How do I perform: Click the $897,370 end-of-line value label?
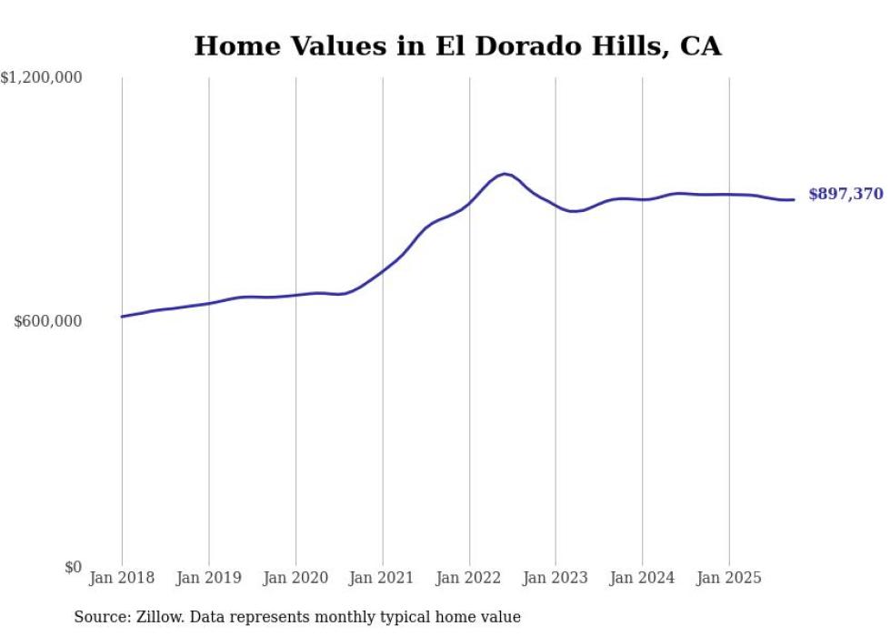click(x=846, y=194)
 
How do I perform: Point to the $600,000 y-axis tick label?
click(x=48, y=321)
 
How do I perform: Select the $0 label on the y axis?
click(x=74, y=567)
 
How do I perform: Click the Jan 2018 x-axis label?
click(x=122, y=578)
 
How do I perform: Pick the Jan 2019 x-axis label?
click(x=209, y=578)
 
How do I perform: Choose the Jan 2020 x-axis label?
click(x=295, y=578)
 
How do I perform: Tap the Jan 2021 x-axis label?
click(x=382, y=578)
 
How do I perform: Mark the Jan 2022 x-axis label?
click(x=469, y=578)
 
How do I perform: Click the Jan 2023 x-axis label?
click(x=556, y=578)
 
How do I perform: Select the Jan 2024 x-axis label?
click(x=642, y=578)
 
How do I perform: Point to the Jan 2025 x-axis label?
click(x=728, y=578)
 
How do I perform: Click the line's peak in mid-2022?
click(x=505, y=174)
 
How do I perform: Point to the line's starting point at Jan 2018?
click(x=122, y=317)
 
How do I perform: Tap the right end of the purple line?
click(x=794, y=199)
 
